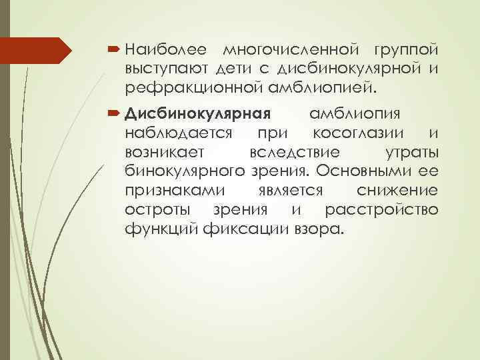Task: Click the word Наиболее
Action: (166, 50)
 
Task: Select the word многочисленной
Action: (291, 50)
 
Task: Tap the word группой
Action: (406, 50)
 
